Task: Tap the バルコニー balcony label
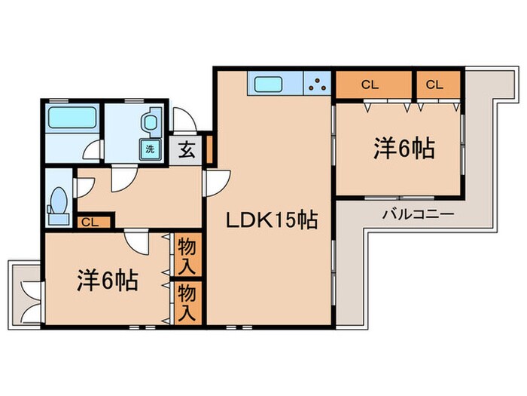click(x=417, y=214)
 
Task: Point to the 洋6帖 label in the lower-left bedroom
click(x=105, y=281)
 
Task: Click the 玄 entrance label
click(x=186, y=148)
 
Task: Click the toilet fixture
click(x=57, y=202)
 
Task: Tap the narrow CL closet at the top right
click(x=435, y=84)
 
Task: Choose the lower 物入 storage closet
click(x=187, y=302)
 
